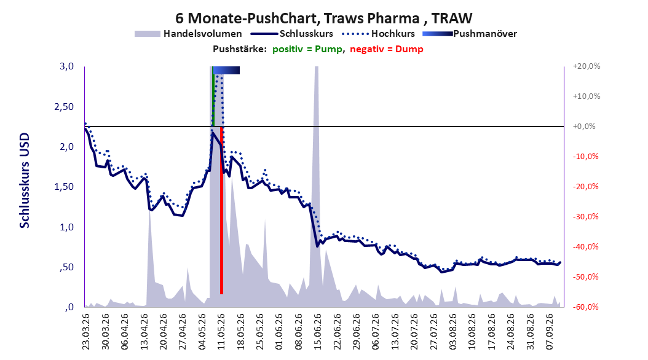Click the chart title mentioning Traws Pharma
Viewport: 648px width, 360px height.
(323, 18)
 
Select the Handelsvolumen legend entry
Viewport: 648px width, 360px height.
(189, 34)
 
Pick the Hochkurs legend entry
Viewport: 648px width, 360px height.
(377, 34)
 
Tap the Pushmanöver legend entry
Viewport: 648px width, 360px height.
(470, 34)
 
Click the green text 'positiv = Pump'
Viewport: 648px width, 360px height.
(307, 49)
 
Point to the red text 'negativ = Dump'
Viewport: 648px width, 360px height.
(387, 49)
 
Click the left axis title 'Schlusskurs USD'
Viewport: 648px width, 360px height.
(25, 180)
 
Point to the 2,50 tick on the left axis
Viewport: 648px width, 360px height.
(64, 106)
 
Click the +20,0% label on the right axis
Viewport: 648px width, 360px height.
(587, 66)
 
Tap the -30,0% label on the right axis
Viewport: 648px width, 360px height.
(585, 217)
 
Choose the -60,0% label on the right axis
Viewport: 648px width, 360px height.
(585, 307)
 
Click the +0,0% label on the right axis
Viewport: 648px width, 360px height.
(584, 127)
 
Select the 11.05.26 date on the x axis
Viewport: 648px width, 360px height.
(221, 332)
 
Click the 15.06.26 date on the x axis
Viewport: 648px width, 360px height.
(317, 332)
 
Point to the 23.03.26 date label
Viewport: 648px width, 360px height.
(86, 332)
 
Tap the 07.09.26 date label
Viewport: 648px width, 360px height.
(550, 332)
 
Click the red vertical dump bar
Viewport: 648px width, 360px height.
(221, 211)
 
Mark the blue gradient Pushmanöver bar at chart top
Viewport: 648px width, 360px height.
(226, 70)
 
